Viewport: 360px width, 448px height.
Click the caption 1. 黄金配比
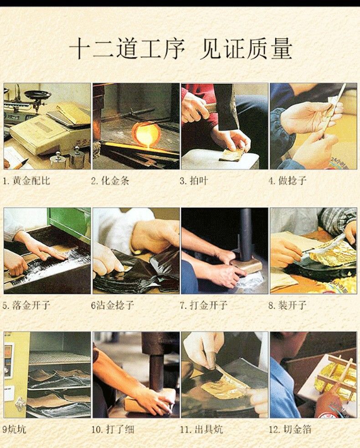[x=26, y=181]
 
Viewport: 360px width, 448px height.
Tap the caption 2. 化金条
[x=110, y=181]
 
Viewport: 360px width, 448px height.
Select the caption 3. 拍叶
[x=194, y=181]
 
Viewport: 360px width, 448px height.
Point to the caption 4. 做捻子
[x=288, y=181]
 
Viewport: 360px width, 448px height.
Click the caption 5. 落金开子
[x=26, y=305]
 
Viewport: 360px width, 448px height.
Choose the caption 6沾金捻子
[x=113, y=305]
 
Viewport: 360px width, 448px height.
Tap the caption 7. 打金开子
[x=204, y=305]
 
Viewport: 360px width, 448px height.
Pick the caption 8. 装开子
[x=288, y=305]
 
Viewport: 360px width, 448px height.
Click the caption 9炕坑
[x=14, y=429]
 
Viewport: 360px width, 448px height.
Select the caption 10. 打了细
[x=113, y=429]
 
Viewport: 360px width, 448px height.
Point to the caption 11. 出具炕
[x=201, y=429]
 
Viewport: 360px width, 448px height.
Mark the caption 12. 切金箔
[x=290, y=429]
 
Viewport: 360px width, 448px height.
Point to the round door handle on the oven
[x=20, y=404]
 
